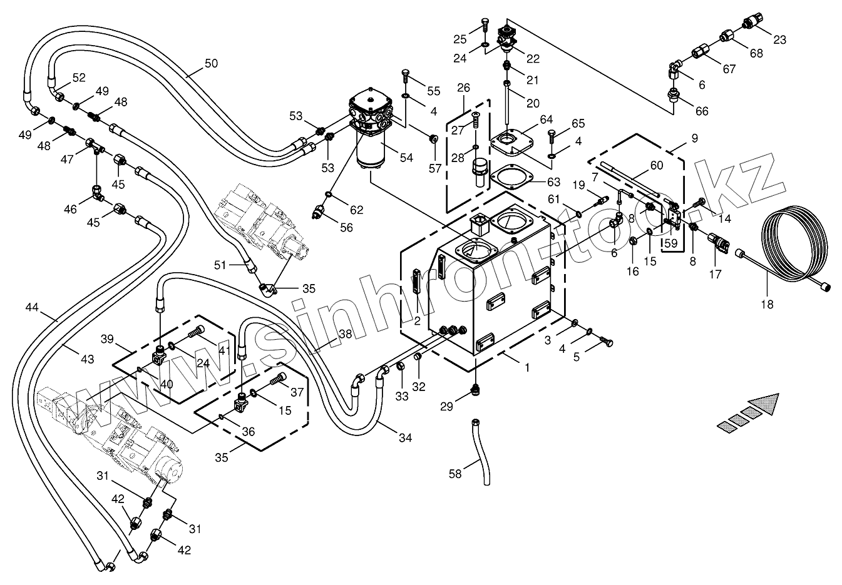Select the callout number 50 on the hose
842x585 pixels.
pyautogui.click(x=211, y=63)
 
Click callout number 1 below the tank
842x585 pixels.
pyautogui.click(x=527, y=368)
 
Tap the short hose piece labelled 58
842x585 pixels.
pyautogui.click(x=482, y=452)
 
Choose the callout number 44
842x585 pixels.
pyautogui.click(x=33, y=307)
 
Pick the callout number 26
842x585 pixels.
pyautogui.click(x=463, y=88)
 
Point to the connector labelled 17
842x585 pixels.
pyautogui.click(x=717, y=243)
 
